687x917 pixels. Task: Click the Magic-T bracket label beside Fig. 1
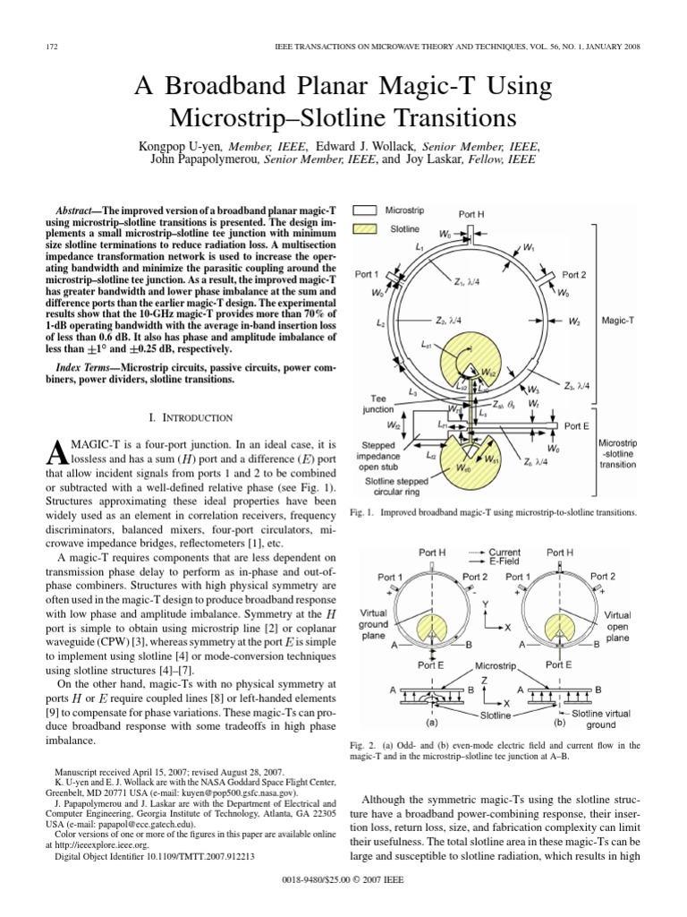tap(618, 318)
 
